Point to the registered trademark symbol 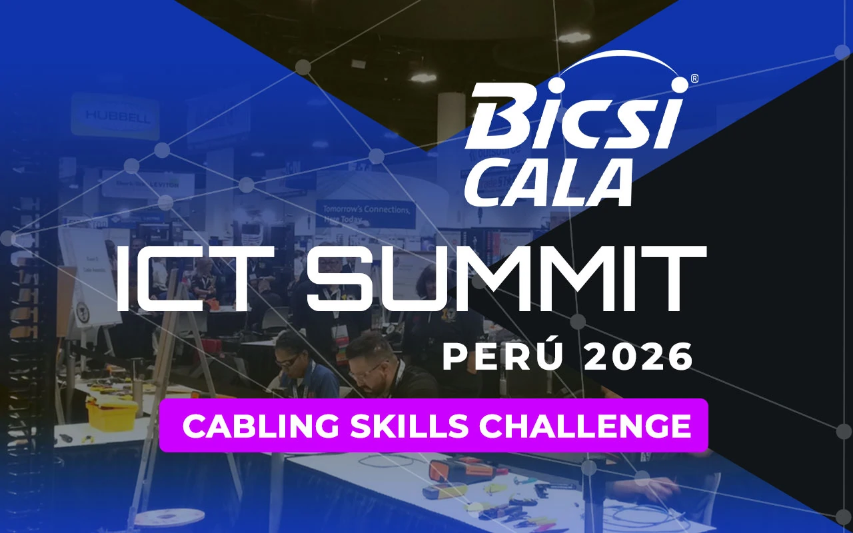pyautogui.click(x=694, y=79)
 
